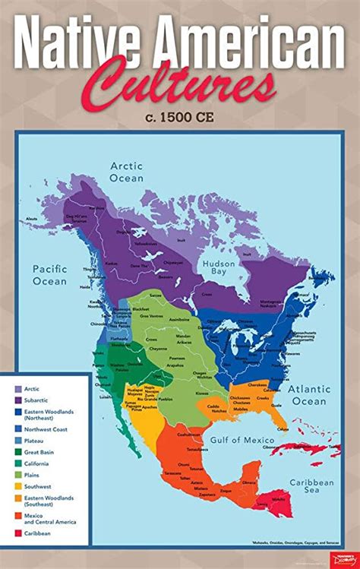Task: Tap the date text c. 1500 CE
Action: [x=180, y=117]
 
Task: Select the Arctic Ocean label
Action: [x=126, y=172]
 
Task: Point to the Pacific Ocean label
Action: [x=50, y=274]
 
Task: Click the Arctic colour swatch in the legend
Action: [x=17, y=389]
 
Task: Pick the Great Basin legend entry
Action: [x=43, y=451]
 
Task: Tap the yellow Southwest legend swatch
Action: [x=17, y=485]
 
